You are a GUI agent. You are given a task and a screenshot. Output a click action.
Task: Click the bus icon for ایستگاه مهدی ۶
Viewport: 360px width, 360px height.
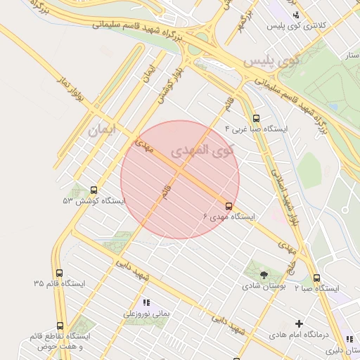(229, 205)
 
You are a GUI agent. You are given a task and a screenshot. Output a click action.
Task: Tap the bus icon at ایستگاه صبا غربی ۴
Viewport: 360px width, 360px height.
(255, 119)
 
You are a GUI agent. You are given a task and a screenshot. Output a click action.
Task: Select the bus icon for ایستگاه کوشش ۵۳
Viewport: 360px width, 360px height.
(94, 190)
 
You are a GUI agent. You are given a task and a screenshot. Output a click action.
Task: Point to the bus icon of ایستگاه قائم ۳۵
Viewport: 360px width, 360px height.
(59, 273)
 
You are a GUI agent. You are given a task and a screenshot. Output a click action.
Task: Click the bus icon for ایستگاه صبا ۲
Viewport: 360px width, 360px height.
(316, 278)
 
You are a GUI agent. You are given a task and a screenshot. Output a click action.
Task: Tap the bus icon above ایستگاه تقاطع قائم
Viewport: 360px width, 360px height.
(60, 326)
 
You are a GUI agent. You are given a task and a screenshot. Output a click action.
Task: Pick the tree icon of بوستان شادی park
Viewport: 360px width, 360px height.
(264, 275)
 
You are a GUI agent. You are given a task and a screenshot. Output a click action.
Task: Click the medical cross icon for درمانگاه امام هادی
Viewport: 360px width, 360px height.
(300, 324)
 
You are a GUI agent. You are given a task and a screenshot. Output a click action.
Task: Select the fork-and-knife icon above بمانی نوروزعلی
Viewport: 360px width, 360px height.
(147, 302)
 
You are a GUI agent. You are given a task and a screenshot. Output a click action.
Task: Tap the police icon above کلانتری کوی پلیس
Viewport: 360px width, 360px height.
(296, 15)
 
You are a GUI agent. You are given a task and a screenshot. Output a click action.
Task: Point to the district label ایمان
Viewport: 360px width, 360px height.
(102, 130)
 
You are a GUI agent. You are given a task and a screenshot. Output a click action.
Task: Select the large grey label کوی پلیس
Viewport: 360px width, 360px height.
(271, 62)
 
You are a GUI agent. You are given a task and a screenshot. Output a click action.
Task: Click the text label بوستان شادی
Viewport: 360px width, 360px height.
(261, 286)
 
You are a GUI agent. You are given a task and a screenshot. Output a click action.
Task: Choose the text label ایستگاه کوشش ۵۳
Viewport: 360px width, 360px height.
(94, 201)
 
